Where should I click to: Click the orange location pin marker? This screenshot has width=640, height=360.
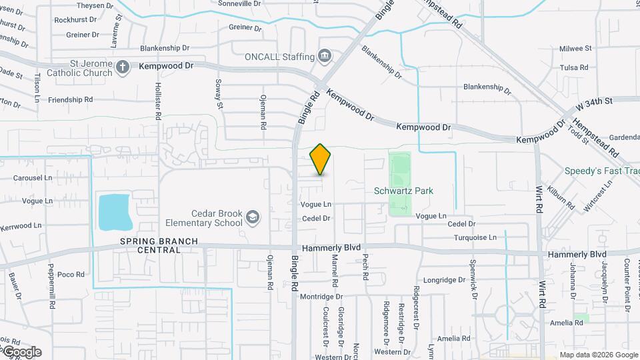click(321, 159)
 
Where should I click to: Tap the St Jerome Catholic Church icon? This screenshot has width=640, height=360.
click(122, 66)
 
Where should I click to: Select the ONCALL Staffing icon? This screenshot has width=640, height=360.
click(325, 55)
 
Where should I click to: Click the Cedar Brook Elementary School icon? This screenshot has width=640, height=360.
click(253, 217)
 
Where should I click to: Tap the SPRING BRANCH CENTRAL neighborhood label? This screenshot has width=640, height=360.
click(150, 245)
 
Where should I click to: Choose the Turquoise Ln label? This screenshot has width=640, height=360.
click(475, 237)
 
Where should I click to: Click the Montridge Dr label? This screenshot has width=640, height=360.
click(321, 297)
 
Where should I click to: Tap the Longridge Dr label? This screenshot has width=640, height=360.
click(444, 280)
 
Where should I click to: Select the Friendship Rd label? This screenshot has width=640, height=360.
click(70, 100)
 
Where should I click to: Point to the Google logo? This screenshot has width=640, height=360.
click(22, 352)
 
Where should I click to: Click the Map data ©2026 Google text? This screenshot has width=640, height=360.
click(598, 355)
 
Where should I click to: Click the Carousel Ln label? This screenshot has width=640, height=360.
click(33, 178)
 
